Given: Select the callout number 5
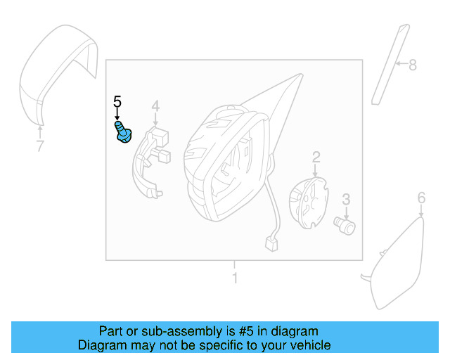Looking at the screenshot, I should pos(117,103).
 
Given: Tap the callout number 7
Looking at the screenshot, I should pos(40,146).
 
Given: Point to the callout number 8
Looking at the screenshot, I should pos(413,65).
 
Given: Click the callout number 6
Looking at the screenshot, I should pos(421,197).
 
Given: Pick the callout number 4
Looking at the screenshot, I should pos(155,106).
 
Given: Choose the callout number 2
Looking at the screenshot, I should pos(316,157).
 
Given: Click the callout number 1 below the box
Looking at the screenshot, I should pos(234,278).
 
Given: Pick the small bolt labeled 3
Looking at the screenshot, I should pos(345,225).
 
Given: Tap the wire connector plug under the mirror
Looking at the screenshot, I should pos(271,244).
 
